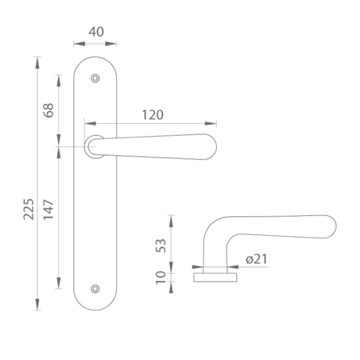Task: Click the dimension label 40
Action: click(96, 32)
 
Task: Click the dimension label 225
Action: click(29, 209)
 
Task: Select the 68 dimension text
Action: click(48, 111)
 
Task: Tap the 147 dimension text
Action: click(48, 209)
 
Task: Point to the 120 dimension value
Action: click(153, 115)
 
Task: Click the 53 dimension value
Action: click(161, 245)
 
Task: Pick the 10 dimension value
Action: click(161, 278)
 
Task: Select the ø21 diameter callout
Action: click(257, 259)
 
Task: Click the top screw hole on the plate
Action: click(95, 79)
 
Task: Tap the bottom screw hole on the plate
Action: click(95, 289)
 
